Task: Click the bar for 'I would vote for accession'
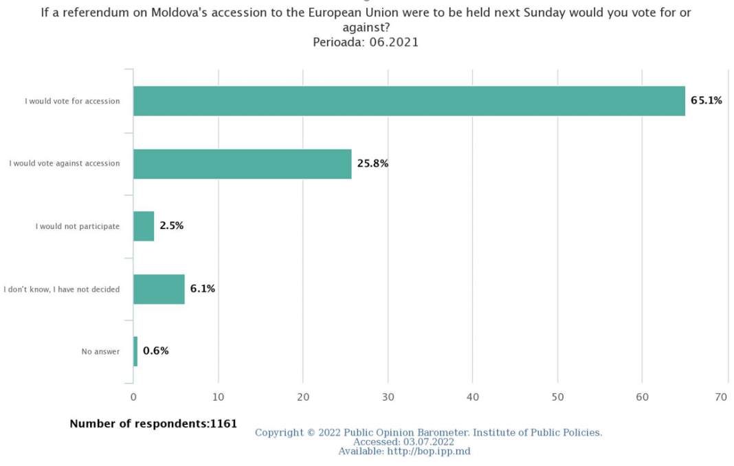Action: (x=409, y=101)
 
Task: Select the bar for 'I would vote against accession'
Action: (x=242, y=164)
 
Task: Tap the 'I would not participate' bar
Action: (x=144, y=226)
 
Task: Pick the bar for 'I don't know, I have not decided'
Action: (x=159, y=289)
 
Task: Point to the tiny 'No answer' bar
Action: (x=135, y=351)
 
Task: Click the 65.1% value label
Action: (x=707, y=100)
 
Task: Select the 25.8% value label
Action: (x=372, y=164)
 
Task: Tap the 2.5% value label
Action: (x=171, y=225)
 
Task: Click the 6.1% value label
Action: (x=203, y=289)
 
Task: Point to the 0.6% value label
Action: (x=156, y=351)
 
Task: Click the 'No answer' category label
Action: (x=100, y=352)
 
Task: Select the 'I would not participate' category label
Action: (x=78, y=226)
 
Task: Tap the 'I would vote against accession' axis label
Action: (x=65, y=164)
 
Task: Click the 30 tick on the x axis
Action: (x=388, y=397)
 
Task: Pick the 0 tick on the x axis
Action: (x=133, y=397)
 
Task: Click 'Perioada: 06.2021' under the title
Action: (x=366, y=42)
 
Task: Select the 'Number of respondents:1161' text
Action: (x=153, y=423)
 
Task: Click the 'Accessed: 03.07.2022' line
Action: (x=403, y=442)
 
